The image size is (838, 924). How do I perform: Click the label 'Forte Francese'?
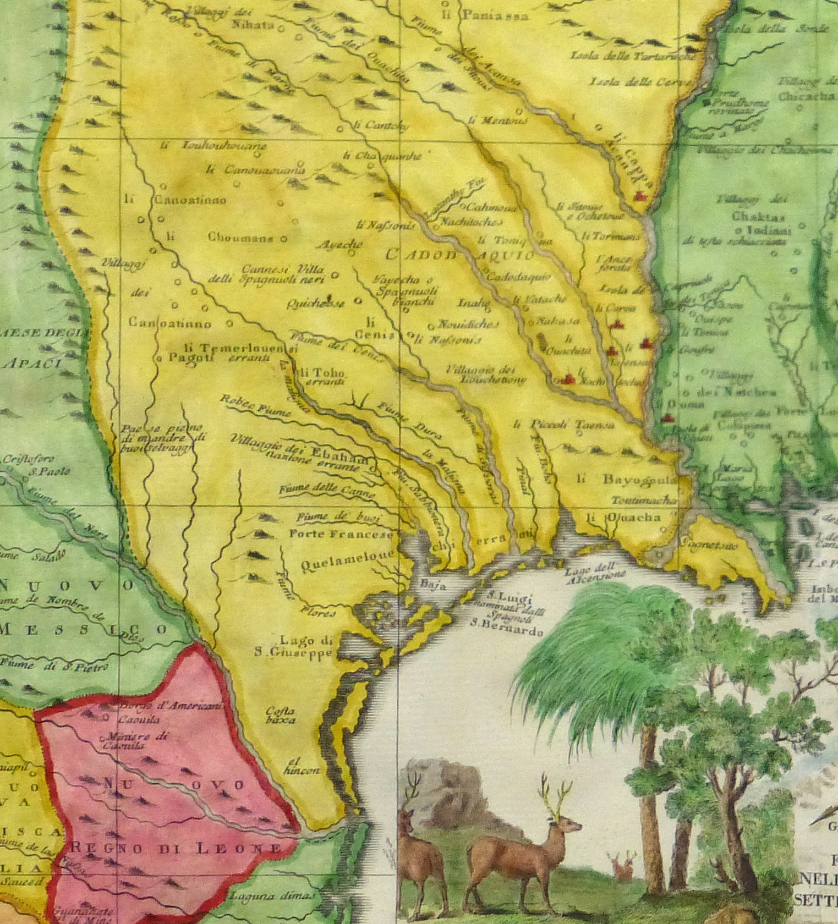click(x=341, y=534)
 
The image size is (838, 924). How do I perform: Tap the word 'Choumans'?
click(x=240, y=238)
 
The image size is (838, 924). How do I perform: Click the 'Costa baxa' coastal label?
click(x=280, y=715)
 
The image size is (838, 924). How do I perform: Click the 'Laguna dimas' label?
click(x=273, y=895)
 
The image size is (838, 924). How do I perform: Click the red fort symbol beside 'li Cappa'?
click(x=639, y=196)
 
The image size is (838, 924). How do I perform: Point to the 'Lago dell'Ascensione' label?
click(x=595, y=572)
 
